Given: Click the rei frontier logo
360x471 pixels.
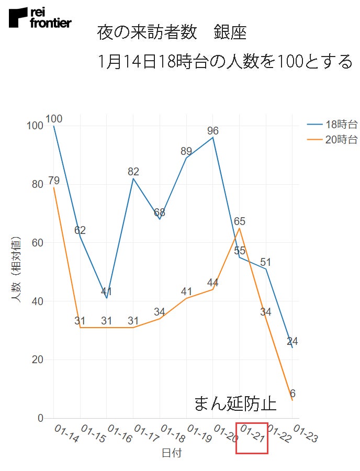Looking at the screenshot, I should point(40,18).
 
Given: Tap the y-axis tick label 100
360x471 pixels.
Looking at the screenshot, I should point(34,126).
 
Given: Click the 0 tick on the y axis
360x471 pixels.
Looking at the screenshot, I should point(40,418).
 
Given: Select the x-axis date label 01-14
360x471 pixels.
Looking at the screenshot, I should point(66,434).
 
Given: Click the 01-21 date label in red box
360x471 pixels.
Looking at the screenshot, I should point(252,438).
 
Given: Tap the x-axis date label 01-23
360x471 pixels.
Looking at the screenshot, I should point(305,434).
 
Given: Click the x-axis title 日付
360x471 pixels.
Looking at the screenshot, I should point(171,453).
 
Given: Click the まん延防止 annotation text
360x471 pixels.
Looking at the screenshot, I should point(235,403).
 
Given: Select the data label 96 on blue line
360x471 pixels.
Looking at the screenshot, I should point(212,131).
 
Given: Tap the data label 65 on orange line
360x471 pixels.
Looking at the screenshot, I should point(240,221).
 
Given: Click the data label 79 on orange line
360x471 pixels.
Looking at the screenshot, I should point(54,181).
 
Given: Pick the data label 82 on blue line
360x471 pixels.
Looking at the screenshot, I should point(133,172).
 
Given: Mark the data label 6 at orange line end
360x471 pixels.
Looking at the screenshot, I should point(292,394).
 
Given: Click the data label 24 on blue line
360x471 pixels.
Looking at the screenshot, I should point(292,342).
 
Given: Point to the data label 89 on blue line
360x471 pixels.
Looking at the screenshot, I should point(186,151).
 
